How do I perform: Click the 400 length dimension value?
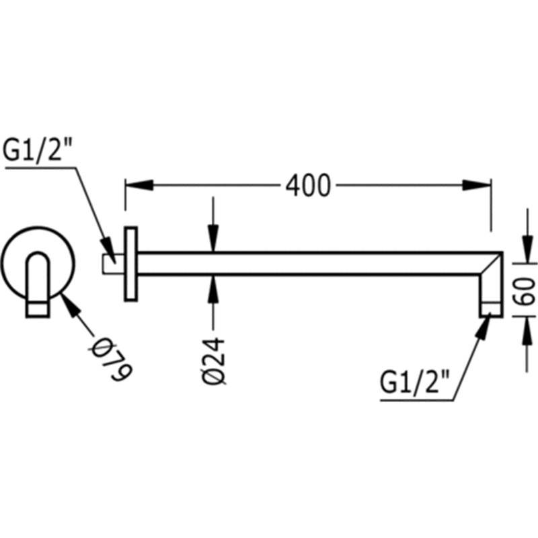[308, 186]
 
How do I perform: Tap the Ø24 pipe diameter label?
[213, 361]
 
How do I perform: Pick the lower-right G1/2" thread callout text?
[414, 381]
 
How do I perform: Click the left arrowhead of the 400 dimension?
[139, 186]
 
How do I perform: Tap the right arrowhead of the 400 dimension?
[476, 186]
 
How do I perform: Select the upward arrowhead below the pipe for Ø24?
[213, 289]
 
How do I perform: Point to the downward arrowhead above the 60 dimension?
[528, 249]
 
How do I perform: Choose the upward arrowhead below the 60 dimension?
[528, 331]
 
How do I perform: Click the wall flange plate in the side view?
[130, 264]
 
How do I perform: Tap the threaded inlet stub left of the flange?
[114, 264]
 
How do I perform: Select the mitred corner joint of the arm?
[492, 264]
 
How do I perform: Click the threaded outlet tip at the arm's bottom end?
[492, 309]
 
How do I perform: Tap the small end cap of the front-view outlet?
[38, 309]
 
